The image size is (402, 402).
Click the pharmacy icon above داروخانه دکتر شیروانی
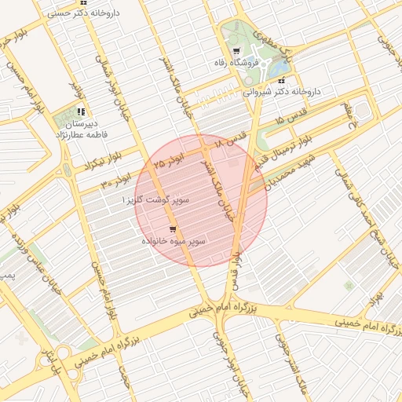click(280, 80)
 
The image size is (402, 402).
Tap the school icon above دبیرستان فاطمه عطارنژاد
click(81, 111)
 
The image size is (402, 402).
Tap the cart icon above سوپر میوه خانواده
click(172, 229)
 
